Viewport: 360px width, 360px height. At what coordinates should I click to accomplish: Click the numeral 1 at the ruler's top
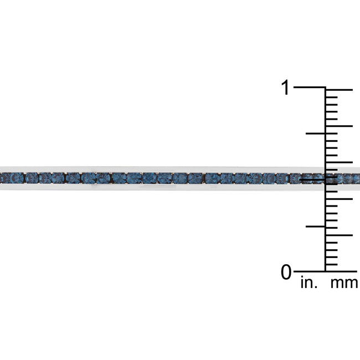(285, 88)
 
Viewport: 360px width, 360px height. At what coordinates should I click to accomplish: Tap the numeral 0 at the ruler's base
(286, 272)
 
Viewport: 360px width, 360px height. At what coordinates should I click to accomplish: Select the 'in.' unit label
(309, 282)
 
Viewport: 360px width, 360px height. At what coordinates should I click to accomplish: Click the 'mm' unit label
(344, 284)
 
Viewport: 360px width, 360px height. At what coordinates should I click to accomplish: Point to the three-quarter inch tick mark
(316, 133)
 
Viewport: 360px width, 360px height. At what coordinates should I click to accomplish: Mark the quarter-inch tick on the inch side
(316, 227)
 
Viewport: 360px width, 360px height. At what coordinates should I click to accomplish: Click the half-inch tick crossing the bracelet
(313, 180)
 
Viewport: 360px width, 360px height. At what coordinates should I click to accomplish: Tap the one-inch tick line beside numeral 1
(310, 88)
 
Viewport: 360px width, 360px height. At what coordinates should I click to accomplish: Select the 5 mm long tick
(338, 235)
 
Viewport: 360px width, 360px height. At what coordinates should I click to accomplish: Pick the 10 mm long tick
(338, 199)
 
